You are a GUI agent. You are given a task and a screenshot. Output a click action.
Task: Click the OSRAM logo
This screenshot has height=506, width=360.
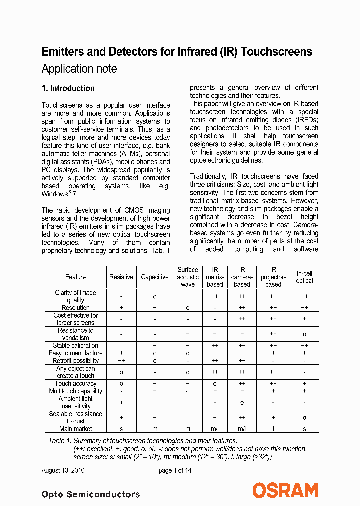click(285, 490)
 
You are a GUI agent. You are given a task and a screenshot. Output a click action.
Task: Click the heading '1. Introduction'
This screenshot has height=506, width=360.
click(68, 88)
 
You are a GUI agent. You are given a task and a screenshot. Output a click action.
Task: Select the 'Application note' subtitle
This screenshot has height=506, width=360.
click(79, 69)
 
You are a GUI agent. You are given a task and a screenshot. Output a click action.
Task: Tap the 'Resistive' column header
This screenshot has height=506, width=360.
click(121, 277)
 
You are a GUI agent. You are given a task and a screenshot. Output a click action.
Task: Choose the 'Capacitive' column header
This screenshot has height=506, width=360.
click(155, 277)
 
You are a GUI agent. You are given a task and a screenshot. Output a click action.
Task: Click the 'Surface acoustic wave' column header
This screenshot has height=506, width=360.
click(188, 277)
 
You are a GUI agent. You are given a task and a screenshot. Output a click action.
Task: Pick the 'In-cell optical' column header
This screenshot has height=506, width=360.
click(304, 277)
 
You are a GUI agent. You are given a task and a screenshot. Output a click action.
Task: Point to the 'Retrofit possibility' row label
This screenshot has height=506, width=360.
click(76, 360)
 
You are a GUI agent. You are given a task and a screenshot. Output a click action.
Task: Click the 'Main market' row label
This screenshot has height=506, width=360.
click(76, 428)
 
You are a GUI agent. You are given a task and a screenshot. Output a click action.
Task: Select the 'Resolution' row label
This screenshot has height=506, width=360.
click(76, 308)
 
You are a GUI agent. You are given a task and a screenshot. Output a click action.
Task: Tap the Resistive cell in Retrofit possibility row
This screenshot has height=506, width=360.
click(121, 360)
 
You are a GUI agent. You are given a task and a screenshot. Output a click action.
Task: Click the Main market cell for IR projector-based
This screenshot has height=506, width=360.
click(273, 428)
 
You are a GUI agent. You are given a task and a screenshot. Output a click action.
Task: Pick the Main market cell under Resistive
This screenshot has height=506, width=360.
click(121, 428)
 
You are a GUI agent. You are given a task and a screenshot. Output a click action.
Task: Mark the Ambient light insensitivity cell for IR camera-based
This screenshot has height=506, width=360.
click(242, 402)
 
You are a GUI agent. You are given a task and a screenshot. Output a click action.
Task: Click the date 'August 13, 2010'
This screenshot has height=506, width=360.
click(63, 470)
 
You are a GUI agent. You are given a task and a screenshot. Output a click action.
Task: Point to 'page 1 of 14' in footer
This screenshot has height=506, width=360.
click(175, 470)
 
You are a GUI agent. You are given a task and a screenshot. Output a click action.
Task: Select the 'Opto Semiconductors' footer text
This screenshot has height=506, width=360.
click(91, 494)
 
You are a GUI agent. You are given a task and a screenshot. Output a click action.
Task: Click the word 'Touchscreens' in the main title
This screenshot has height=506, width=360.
click(276, 52)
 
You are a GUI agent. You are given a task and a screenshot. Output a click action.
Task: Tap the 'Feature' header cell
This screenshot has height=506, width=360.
click(76, 277)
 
